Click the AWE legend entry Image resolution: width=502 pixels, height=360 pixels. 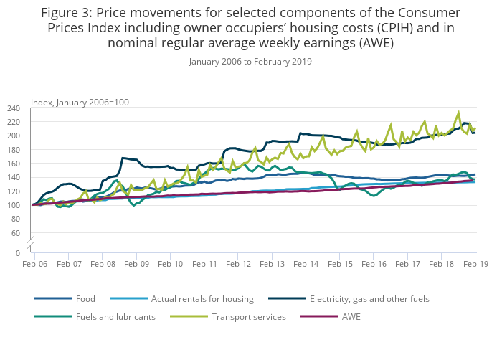(x=351, y=316)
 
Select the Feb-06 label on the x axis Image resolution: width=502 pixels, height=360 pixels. (x=34, y=265)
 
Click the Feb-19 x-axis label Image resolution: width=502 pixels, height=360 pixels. (x=475, y=265)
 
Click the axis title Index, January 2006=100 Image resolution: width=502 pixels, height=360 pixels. (x=80, y=102)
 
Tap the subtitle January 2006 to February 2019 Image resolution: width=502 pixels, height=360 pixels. (x=250, y=61)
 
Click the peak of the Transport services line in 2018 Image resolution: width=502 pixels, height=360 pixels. (x=458, y=113)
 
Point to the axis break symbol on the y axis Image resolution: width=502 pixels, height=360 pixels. (x=32, y=245)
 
